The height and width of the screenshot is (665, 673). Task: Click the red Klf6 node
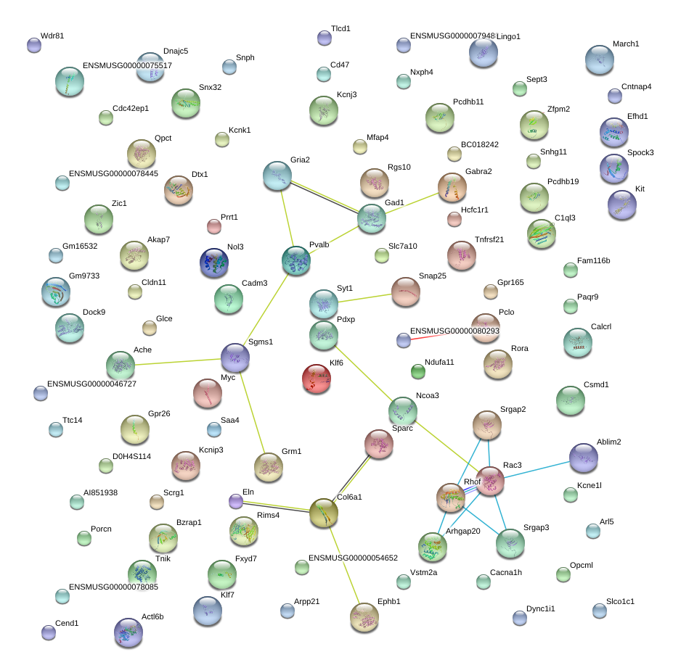pyautogui.click(x=317, y=378)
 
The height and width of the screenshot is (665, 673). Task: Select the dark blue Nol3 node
pyautogui.click(x=214, y=263)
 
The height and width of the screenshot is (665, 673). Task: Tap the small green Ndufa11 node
pyautogui.click(x=418, y=371)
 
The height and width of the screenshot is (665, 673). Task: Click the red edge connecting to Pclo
pyautogui.click(x=441, y=334)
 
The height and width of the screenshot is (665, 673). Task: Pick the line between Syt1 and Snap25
pyautogui.click(x=365, y=298)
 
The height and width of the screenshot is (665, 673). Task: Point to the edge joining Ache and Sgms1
pyautogui.click(x=178, y=362)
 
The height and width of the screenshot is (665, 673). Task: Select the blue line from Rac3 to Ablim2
pyautogui.click(x=537, y=470)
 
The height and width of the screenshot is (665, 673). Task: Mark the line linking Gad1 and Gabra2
pyautogui.click(x=412, y=203)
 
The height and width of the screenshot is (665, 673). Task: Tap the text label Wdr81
pyautogui.click(x=52, y=36)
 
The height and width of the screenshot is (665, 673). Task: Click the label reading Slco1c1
pyautogui.click(x=620, y=601)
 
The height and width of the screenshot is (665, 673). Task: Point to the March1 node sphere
pyautogui.click(x=599, y=59)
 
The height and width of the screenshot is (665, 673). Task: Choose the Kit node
pyautogui.click(x=622, y=205)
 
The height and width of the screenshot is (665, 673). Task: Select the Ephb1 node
pyautogui.click(x=364, y=617)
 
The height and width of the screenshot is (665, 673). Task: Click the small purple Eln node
pyautogui.click(x=236, y=501)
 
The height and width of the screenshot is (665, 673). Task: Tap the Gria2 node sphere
pyautogui.click(x=277, y=175)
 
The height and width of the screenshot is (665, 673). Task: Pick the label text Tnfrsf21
pyautogui.click(x=489, y=239)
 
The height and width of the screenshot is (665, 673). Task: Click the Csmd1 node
pyautogui.click(x=571, y=400)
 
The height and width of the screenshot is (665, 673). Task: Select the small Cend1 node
pyautogui.click(x=49, y=632)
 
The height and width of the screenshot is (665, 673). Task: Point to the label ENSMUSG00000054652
pyautogui.click(x=354, y=558)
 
